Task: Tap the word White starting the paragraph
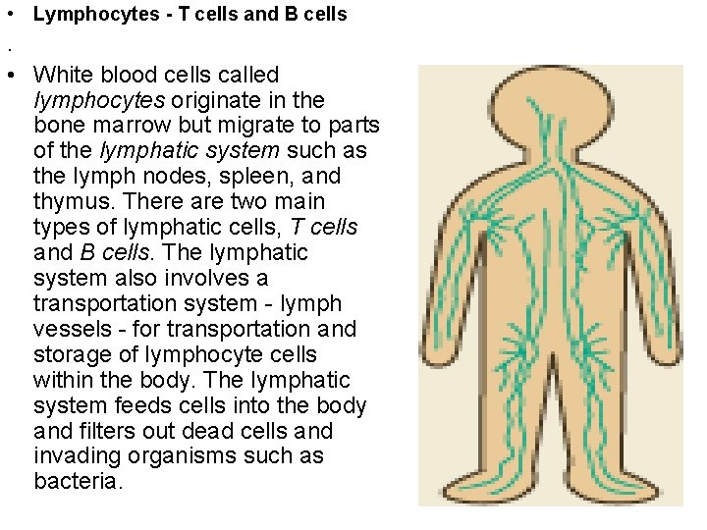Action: click(x=60, y=75)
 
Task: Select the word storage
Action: click(x=75, y=355)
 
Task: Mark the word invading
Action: click(x=73, y=457)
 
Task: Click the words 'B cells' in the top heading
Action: click(x=318, y=15)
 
